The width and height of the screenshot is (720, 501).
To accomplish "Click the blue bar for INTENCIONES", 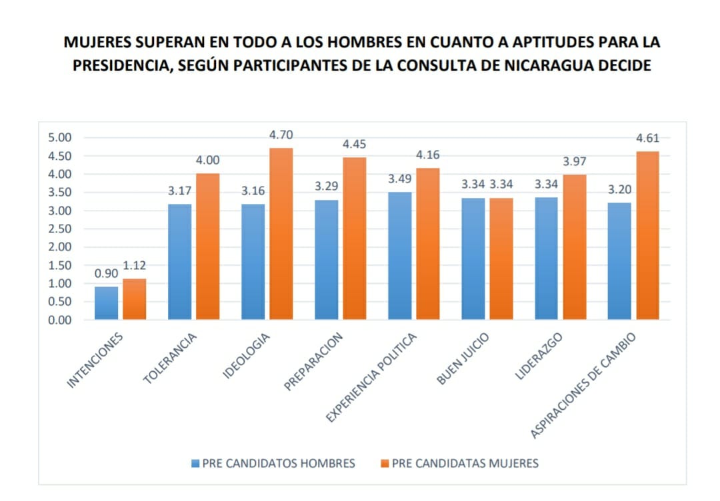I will (x=107, y=303).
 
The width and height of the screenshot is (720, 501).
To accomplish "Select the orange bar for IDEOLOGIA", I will (x=281, y=233).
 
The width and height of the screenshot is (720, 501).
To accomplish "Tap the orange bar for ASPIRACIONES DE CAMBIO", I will (x=647, y=235).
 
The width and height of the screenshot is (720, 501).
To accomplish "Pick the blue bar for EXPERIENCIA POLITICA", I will (x=399, y=256).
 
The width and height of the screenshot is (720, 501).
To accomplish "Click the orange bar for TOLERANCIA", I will (x=207, y=247).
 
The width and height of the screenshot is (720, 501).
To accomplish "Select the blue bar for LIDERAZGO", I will (x=546, y=258).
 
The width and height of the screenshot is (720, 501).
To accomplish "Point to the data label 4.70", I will (x=280, y=135).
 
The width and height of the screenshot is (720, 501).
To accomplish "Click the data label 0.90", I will (x=107, y=274).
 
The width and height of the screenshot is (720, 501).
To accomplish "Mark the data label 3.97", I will (x=574, y=162).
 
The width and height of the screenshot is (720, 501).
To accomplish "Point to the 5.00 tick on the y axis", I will (x=59, y=138).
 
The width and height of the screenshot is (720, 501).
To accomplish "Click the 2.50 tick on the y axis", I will (x=59, y=229).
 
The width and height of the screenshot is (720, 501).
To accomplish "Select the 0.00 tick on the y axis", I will (x=59, y=320).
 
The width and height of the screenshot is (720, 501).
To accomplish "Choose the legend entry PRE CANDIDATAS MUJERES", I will (x=458, y=463).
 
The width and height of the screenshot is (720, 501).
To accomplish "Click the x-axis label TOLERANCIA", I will (x=171, y=360).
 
